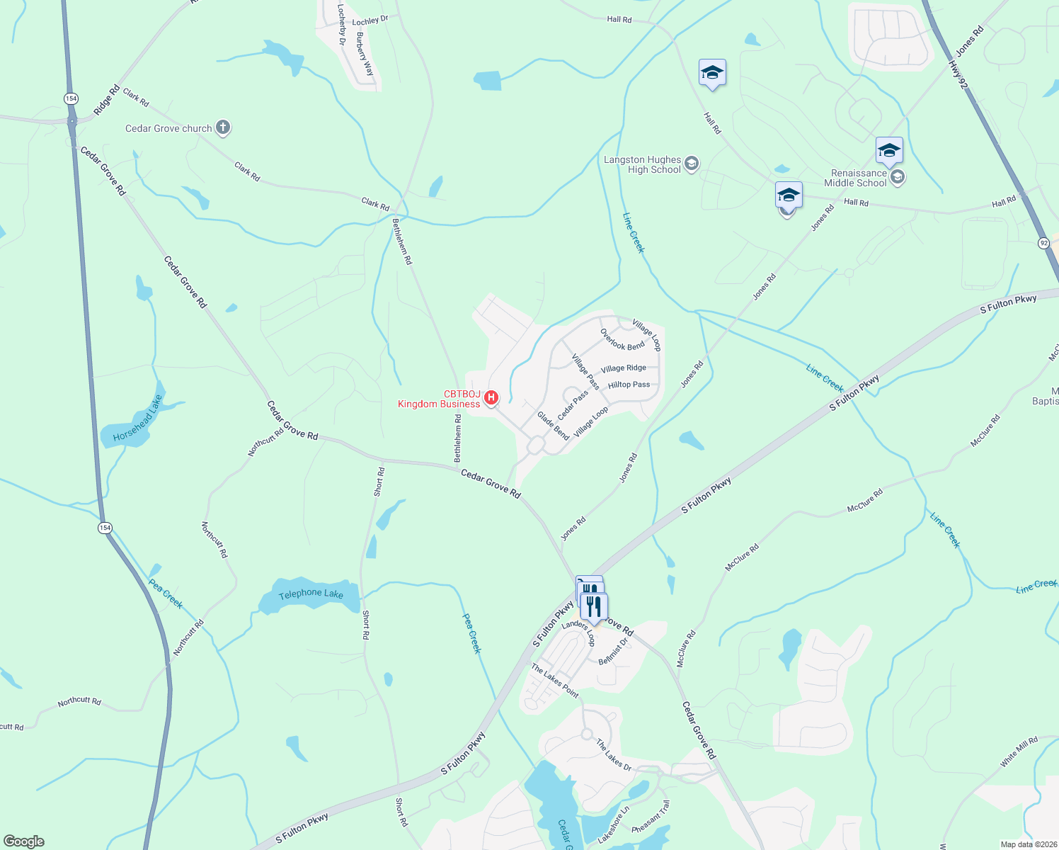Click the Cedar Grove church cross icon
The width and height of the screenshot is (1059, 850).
point(223,127)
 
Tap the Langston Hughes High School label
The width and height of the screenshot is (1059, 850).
point(642,165)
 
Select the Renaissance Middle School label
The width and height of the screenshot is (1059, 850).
point(859,178)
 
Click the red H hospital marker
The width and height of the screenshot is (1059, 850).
point(491,398)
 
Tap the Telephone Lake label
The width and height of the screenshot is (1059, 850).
point(310,594)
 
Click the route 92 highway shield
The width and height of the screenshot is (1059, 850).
point(1044,243)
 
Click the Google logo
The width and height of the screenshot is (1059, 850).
point(23,841)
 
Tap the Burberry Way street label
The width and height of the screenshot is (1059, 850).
point(365,54)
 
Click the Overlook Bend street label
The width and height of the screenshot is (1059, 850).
point(622,340)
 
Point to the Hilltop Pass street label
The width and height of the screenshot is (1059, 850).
point(629,385)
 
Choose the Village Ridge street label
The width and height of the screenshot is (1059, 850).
point(623,368)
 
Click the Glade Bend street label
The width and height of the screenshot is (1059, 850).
point(553,426)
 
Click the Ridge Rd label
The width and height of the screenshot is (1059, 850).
point(107,100)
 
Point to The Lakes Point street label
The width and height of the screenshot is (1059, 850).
point(555,681)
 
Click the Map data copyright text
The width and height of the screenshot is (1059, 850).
point(1028,844)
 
